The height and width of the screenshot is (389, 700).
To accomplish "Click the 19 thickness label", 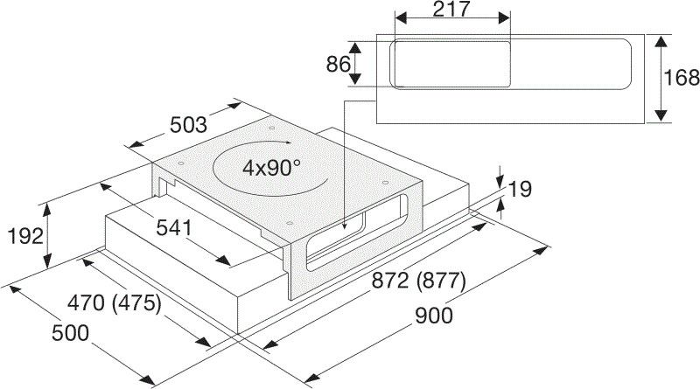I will point(518,188).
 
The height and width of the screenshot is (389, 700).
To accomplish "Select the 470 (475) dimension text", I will point(115,304).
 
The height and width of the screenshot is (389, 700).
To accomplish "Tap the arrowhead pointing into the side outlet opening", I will point(346,226).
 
